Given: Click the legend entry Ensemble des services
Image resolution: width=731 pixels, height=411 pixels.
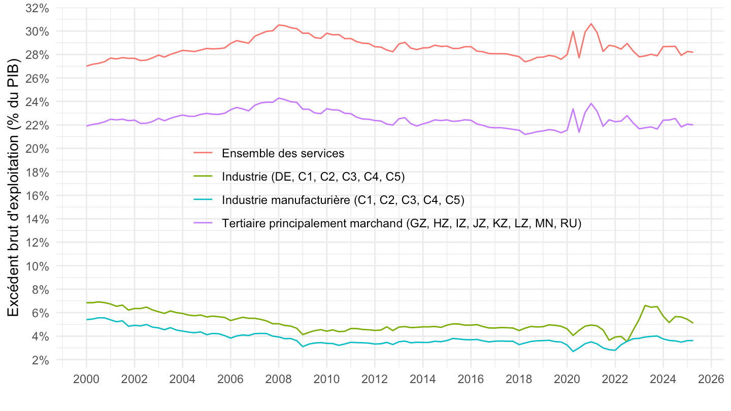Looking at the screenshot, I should click(x=283, y=153).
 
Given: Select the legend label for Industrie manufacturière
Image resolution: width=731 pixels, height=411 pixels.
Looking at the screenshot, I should click(x=343, y=200).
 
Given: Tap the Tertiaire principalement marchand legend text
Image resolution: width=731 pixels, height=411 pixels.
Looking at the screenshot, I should click(x=401, y=223).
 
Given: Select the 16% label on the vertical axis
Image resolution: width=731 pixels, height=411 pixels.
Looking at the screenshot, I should click(x=37, y=195).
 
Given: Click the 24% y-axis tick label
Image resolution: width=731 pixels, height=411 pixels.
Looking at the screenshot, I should click(x=37, y=101).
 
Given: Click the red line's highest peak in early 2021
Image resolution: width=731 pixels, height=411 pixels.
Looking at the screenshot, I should click(x=591, y=24).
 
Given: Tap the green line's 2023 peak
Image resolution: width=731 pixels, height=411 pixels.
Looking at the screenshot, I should click(x=645, y=305).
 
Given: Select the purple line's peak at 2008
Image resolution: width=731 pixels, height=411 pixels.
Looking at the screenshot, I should click(x=279, y=98).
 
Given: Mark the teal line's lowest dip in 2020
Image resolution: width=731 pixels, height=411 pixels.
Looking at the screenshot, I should click(x=573, y=352).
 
